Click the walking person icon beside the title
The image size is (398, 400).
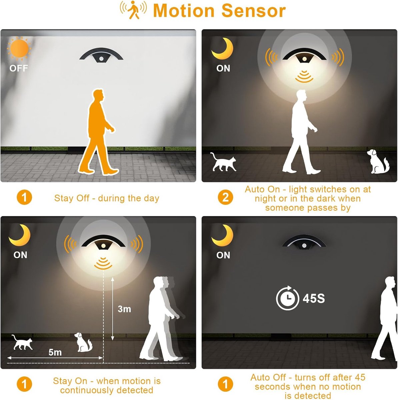133,10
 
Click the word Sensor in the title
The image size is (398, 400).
253,11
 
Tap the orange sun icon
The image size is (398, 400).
19,48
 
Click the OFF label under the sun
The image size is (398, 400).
18,68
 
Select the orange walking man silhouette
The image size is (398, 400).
99,132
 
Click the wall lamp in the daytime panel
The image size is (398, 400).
101,55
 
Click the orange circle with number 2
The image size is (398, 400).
225,197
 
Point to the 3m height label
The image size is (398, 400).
124,309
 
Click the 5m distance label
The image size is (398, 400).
55,352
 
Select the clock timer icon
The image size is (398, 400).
288,298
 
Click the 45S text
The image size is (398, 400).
314,298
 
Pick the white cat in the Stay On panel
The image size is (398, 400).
22,342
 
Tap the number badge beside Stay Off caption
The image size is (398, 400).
24,197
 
